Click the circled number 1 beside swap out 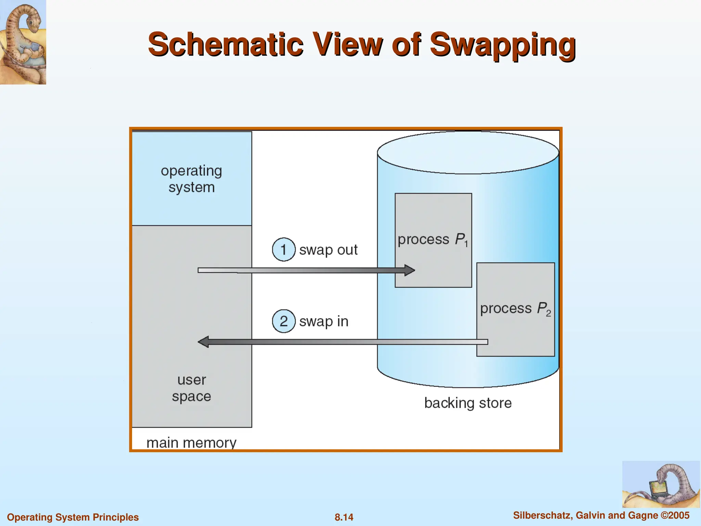tap(283, 249)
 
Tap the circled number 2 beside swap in tap(283, 321)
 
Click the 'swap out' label tap(328, 250)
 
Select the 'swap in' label tap(323, 322)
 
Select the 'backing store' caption tap(468, 403)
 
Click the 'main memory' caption tap(191, 443)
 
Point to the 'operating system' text tap(191, 179)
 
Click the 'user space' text tap(191, 388)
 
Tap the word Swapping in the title tap(502, 45)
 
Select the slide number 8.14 tap(344, 517)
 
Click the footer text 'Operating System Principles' tap(73, 517)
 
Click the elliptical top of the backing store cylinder tap(468, 152)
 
